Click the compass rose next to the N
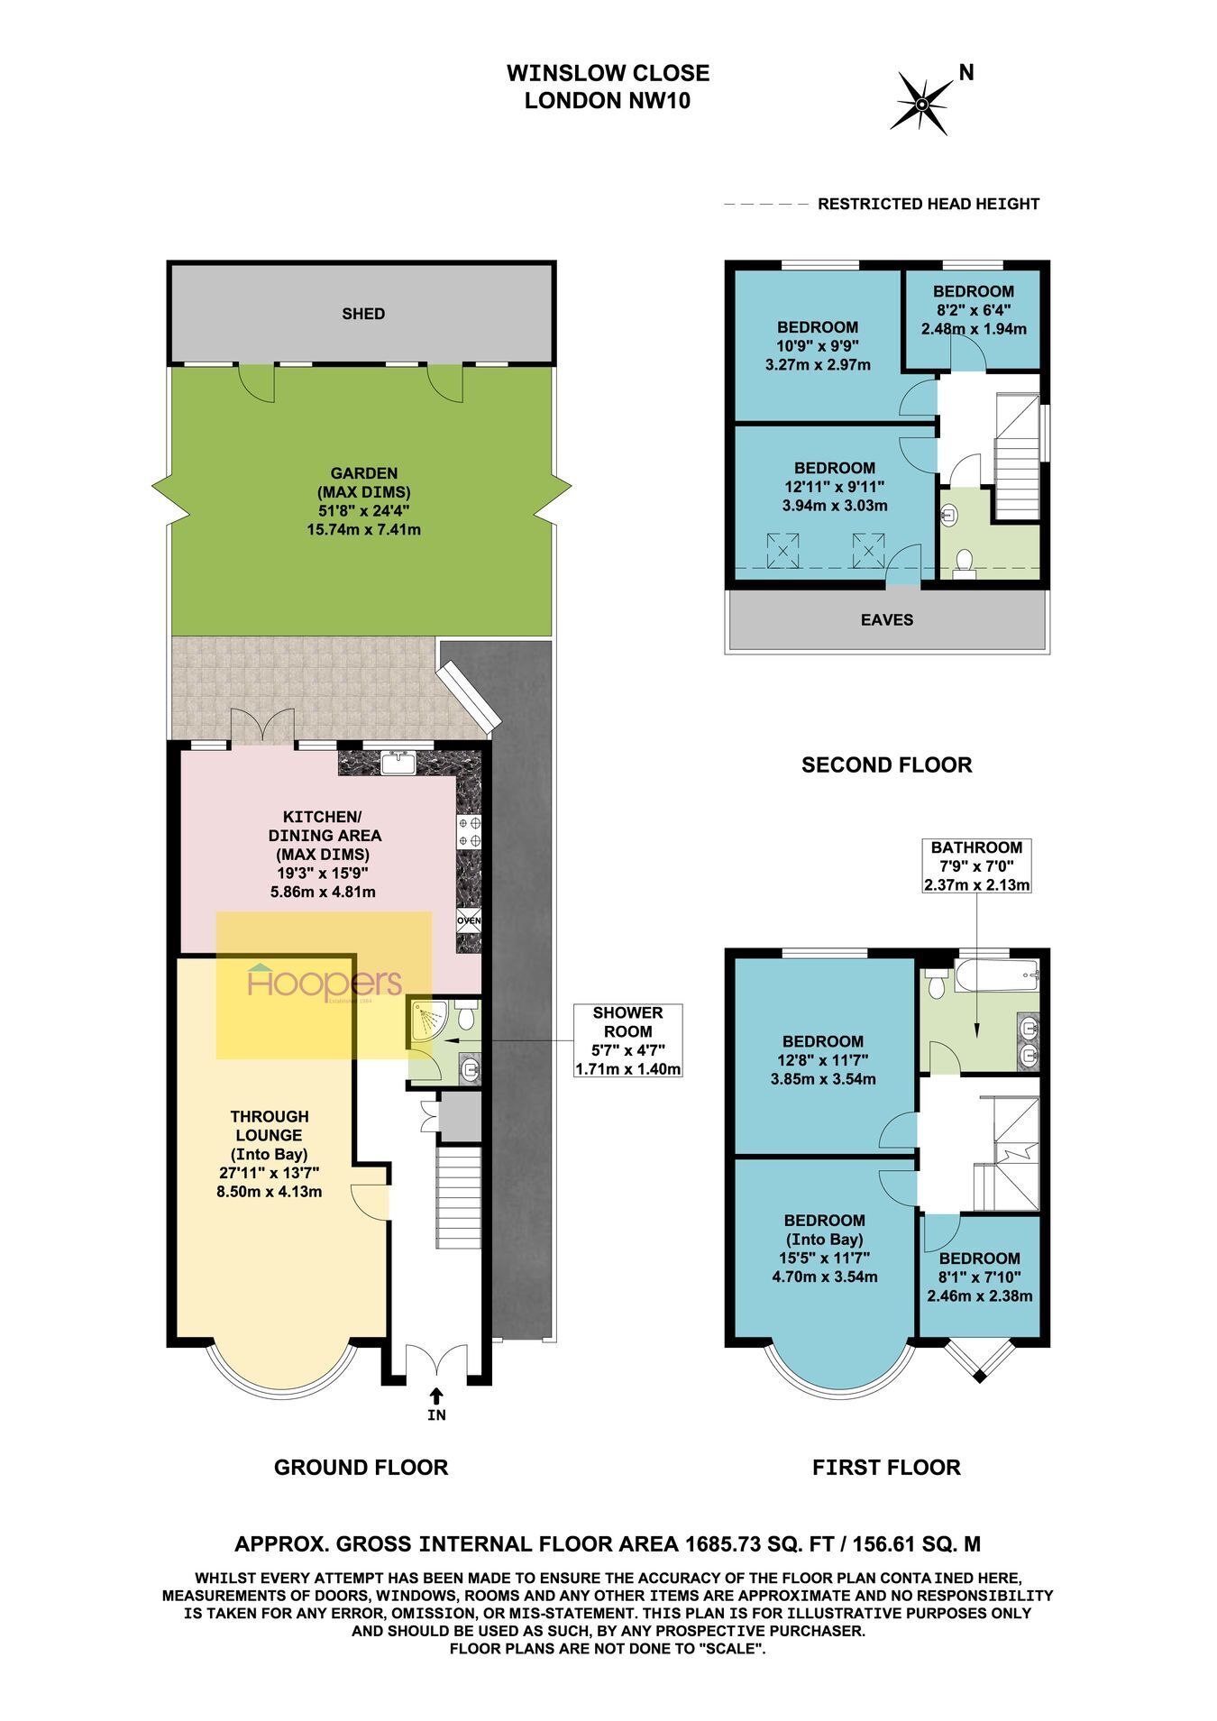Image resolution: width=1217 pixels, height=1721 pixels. pos(922,104)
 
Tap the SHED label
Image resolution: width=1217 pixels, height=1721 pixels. pos(363,314)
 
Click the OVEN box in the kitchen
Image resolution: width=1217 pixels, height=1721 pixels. pos(469,920)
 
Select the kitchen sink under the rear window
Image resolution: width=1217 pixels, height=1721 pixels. pos(398,763)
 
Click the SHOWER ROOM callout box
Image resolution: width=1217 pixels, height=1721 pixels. pos(627,1040)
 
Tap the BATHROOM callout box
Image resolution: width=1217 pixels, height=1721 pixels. pos(976,865)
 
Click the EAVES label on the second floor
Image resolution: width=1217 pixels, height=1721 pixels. pos(887,620)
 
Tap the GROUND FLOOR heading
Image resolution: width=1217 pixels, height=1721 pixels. pos(361,1468)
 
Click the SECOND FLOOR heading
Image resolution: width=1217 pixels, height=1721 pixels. pos(887,765)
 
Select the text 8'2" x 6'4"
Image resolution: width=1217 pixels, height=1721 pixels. pos(974,310)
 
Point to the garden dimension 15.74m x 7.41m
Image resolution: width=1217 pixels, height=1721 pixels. pos(364,529)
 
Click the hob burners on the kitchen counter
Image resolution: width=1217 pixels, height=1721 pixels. pos(469,831)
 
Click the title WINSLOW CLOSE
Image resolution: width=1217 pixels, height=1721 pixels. pos(608,73)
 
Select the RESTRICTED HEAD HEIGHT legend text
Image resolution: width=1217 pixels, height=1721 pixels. pos(929,205)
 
